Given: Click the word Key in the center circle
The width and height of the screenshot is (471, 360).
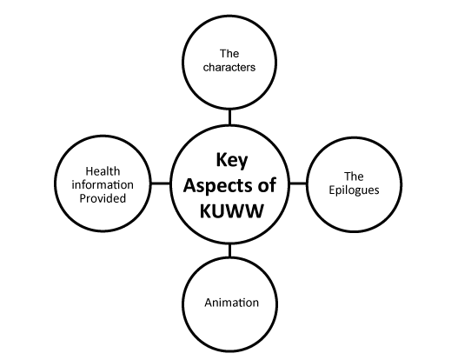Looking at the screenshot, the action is pyautogui.click(x=232, y=161).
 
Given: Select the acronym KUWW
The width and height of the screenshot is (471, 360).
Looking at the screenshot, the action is pyautogui.click(x=231, y=210).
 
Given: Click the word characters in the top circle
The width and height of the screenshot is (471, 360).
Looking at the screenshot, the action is pyautogui.click(x=229, y=67).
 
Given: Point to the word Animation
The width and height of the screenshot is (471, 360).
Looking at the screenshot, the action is pyautogui.click(x=232, y=303).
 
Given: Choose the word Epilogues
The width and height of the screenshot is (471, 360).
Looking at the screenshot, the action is pyautogui.click(x=354, y=190).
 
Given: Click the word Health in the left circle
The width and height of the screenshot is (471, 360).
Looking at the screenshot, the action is pyautogui.click(x=103, y=171).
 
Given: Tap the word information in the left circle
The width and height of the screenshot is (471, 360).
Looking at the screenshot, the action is pyautogui.click(x=103, y=184).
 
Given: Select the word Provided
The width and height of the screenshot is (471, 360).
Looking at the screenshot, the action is pyautogui.click(x=103, y=198).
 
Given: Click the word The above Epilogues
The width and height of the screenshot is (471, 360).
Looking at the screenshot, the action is pyautogui.click(x=354, y=177).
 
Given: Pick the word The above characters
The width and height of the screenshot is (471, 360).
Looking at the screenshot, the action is pyautogui.click(x=229, y=54).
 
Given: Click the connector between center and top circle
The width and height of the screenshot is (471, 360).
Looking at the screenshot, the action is pyautogui.click(x=229, y=117).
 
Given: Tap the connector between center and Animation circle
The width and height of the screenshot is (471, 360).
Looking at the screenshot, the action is pyautogui.click(x=229, y=250).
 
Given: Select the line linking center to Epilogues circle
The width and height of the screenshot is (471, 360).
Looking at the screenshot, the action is pyautogui.click(x=298, y=183).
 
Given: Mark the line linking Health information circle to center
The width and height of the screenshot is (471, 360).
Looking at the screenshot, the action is pyautogui.click(x=161, y=183).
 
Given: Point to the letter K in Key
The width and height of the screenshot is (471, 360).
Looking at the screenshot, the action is pyautogui.click(x=221, y=160).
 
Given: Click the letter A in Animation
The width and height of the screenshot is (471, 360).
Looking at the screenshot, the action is pyautogui.click(x=209, y=303).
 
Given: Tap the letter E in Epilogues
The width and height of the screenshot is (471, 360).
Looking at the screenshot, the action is pyautogui.click(x=332, y=190).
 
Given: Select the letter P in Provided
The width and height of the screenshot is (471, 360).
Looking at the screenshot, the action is pyautogui.click(x=83, y=198).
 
